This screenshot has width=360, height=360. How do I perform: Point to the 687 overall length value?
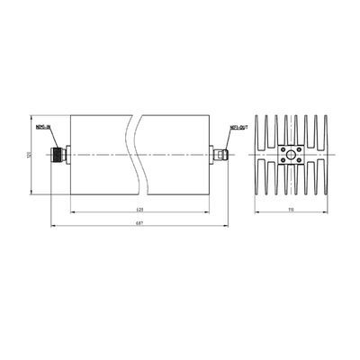(138, 222)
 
